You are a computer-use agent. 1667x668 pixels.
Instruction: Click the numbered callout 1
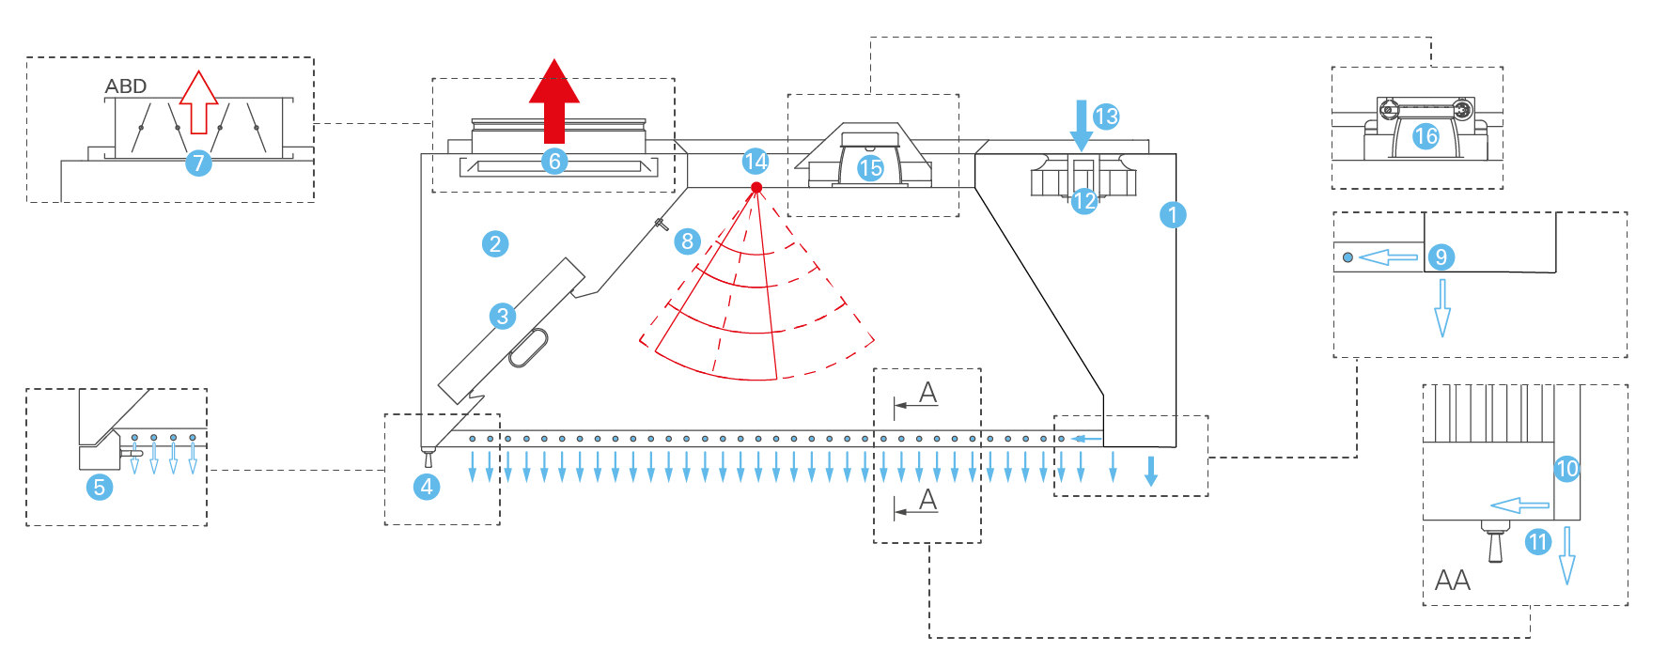pos(1172,215)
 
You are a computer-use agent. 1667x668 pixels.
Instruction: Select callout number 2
pos(495,244)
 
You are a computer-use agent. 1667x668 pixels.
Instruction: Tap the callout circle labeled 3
pos(503,316)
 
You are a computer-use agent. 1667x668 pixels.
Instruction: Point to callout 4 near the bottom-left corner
pos(427,487)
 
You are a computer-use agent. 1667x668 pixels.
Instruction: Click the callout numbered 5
pos(99,488)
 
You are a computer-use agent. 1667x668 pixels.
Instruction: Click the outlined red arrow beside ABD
pos(198,102)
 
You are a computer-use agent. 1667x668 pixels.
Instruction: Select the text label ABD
pos(126,86)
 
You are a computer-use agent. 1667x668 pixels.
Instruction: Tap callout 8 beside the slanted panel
pos(687,241)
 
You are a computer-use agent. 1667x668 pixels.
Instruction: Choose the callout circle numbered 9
pos(1441,256)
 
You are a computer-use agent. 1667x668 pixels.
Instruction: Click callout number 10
pos(1566,469)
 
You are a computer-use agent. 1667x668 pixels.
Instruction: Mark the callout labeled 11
pos(1537,541)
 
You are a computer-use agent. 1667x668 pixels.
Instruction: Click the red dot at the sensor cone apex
pos(756,188)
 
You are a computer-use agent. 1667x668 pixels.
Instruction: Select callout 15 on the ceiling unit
pos(870,168)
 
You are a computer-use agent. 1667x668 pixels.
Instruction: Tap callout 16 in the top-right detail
pos(1426,136)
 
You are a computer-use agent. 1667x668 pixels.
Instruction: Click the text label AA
pos(1452,581)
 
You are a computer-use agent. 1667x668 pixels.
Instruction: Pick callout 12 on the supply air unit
pos(1084,200)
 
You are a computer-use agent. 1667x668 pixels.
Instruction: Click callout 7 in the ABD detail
pos(197,163)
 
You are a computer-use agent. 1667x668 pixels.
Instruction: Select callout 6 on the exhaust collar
pos(554,162)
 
